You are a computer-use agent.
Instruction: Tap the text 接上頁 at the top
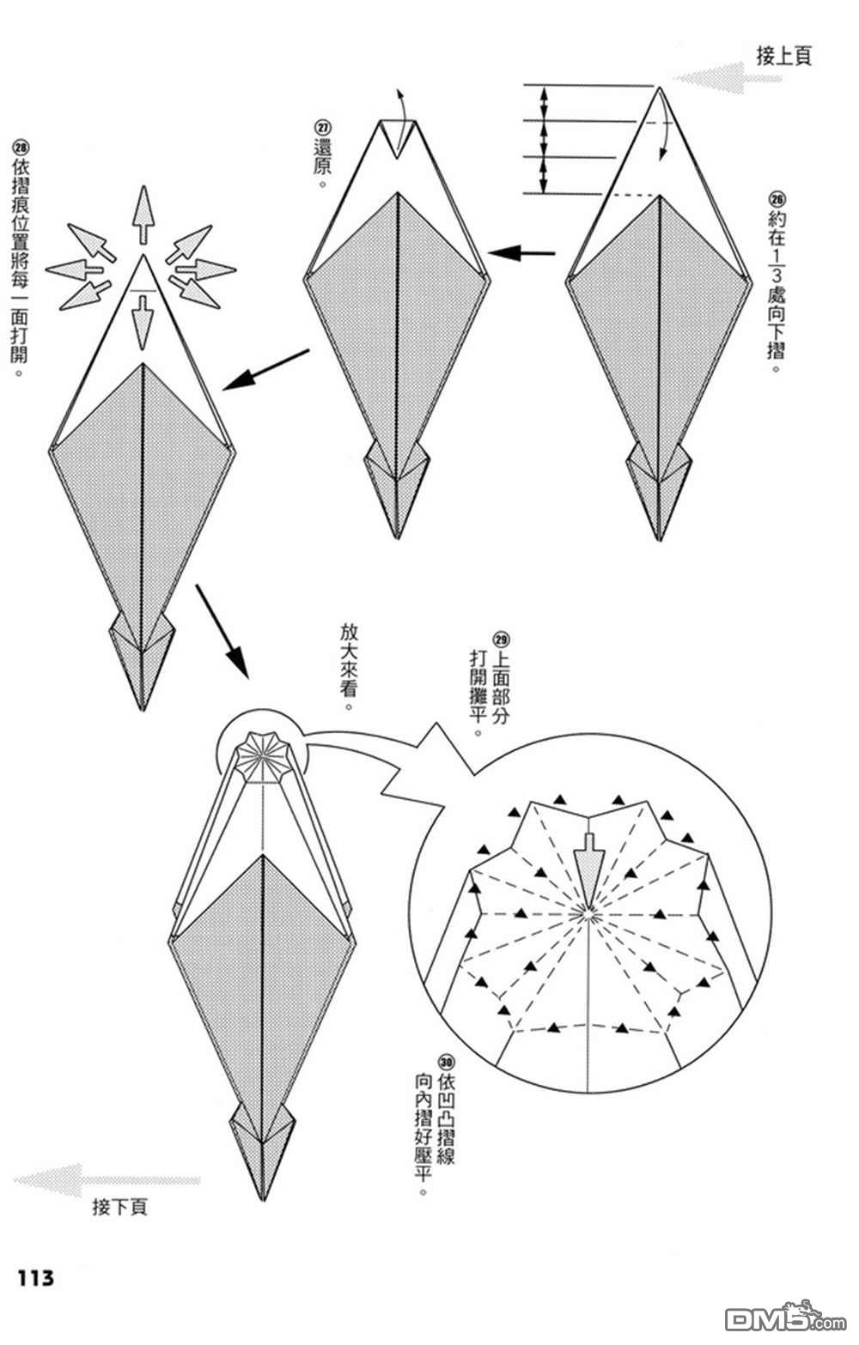pos(783,57)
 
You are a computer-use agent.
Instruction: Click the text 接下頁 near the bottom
pos(119,1207)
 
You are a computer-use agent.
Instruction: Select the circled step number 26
pos(778,197)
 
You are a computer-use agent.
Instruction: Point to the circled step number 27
pos(323,126)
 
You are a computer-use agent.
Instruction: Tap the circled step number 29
pos(501,639)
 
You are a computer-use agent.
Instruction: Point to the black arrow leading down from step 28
pos(222,630)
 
